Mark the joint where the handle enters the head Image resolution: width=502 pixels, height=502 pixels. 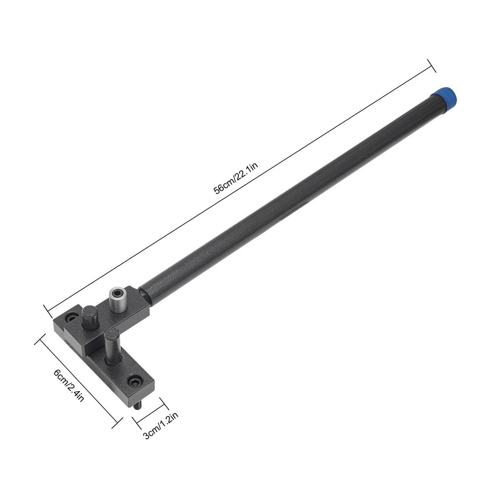pyautogui.click(x=147, y=293)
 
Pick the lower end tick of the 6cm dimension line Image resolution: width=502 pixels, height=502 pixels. pyautogui.click(x=119, y=422)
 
